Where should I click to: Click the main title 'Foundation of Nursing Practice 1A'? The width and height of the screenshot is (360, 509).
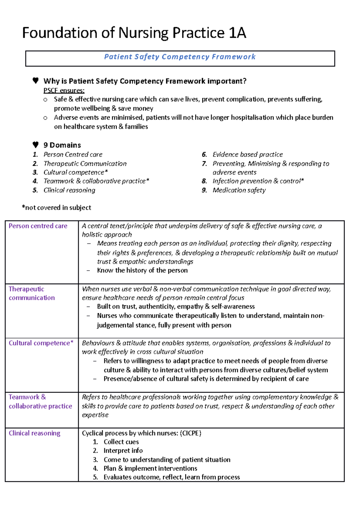134,33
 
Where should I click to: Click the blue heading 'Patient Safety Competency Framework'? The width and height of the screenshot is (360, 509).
180,57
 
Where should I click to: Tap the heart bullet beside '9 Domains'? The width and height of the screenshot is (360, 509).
35,145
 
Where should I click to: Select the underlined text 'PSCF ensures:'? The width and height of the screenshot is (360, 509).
64,91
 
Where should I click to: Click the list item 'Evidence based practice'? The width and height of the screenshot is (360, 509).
247,154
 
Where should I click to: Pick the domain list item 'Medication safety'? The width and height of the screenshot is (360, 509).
239,190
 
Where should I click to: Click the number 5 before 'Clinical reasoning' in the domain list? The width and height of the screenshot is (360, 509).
35,190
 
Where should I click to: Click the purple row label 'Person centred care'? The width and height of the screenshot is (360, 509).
38,226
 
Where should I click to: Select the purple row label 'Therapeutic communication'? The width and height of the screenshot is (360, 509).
31,293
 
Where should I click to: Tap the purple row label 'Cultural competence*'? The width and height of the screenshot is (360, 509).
41,343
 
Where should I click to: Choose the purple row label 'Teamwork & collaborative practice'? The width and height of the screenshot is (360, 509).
40,401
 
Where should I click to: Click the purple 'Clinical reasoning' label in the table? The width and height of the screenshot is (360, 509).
34,433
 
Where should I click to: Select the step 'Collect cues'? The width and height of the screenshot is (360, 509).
121,442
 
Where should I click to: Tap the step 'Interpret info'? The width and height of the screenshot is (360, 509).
123,451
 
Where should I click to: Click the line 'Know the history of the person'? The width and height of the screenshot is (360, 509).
142,270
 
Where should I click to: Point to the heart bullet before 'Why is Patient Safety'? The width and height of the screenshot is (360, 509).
35,80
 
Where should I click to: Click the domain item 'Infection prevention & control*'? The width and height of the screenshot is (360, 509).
258,181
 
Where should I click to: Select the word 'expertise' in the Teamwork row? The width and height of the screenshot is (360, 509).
95,415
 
